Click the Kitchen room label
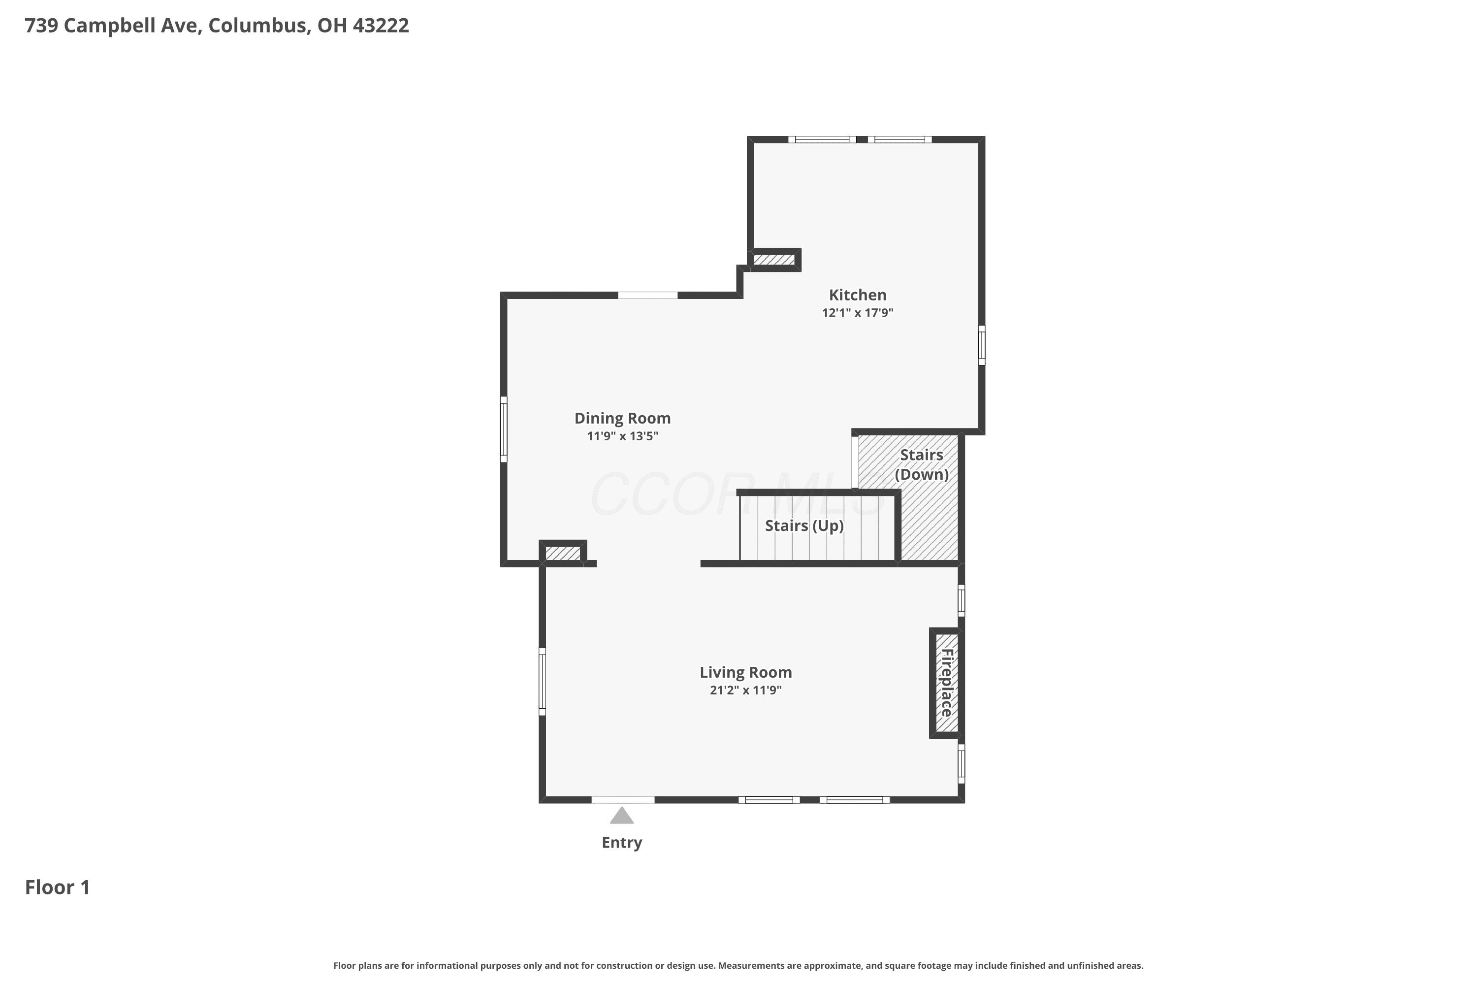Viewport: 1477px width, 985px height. coord(857,295)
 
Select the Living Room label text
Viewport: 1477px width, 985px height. coord(745,673)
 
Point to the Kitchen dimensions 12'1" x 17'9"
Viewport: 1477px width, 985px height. coord(857,313)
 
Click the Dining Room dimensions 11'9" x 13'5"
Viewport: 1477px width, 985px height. coord(622,436)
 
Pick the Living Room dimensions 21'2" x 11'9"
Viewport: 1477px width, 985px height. coord(745,690)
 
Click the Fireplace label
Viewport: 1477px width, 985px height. coord(946,683)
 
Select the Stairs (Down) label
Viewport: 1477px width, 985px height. coord(921,465)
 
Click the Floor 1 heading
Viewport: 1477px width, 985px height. coord(57,887)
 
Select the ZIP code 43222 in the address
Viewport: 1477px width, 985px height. coord(381,26)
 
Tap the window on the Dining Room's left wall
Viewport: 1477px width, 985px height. coord(504,429)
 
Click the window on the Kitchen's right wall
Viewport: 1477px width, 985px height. coord(982,345)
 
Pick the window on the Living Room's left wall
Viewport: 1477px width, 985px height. coord(543,682)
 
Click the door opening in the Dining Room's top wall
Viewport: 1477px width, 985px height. coord(647,295)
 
